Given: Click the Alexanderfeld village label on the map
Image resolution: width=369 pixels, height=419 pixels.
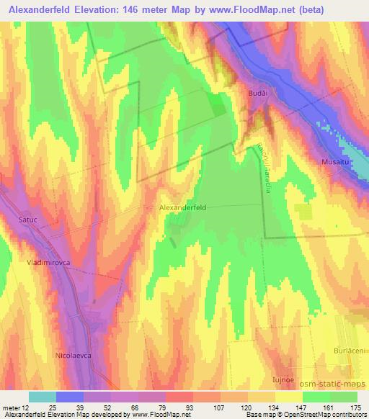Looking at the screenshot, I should click(182, 207).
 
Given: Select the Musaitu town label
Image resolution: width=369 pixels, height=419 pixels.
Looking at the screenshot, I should click(335, 163).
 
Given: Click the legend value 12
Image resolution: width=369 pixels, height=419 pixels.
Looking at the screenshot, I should click(26, 407).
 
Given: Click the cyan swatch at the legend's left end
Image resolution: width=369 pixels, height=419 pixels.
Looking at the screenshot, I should click(42, 397).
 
